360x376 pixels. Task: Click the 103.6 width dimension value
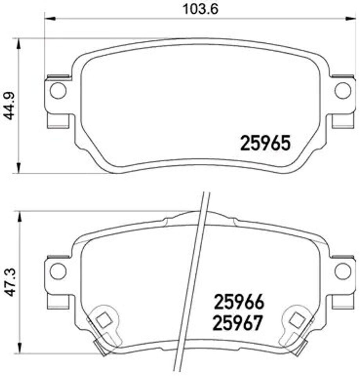click(201, 9)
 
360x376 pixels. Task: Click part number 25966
click(239, 302)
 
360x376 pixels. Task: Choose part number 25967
click(238, 323)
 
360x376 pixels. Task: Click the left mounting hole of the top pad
click(58, 90)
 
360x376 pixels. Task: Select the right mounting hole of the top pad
click(343, 90)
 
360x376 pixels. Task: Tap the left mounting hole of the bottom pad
click(58, 271)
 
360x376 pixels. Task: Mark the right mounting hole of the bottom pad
click(343, 271)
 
